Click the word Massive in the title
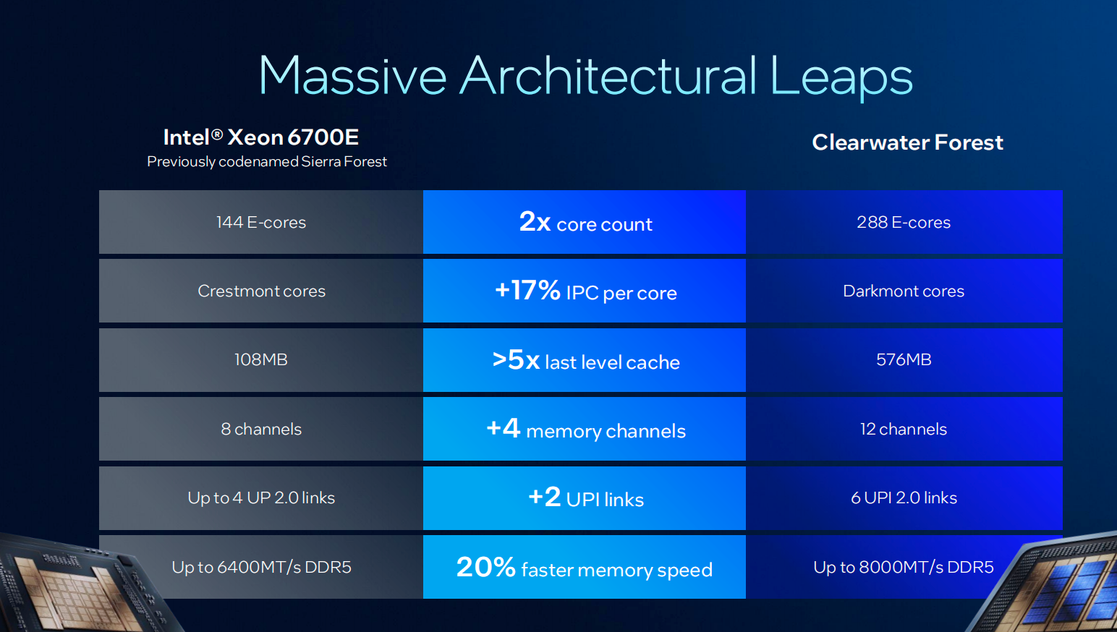point(352,76)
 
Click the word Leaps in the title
point(840,76)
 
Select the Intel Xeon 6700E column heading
point(261,137)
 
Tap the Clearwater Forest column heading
point(907,142)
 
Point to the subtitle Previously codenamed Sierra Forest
point(267,162)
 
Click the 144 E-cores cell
point(261,223)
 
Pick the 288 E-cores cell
point(904,223)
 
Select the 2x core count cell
point(585,223)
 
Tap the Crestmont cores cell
point(261,291)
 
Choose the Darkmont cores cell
point(904,291)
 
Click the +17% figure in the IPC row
point(527,291)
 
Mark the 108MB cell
point(261,360)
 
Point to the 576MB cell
point(904,360)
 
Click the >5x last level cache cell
point(585,360)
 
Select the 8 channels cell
point(261,430)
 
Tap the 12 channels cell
point(904,430)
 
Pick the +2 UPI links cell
point(585,498)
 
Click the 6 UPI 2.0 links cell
point(904,498)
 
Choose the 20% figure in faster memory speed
point(485,568)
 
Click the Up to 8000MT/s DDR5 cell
point(904,568)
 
